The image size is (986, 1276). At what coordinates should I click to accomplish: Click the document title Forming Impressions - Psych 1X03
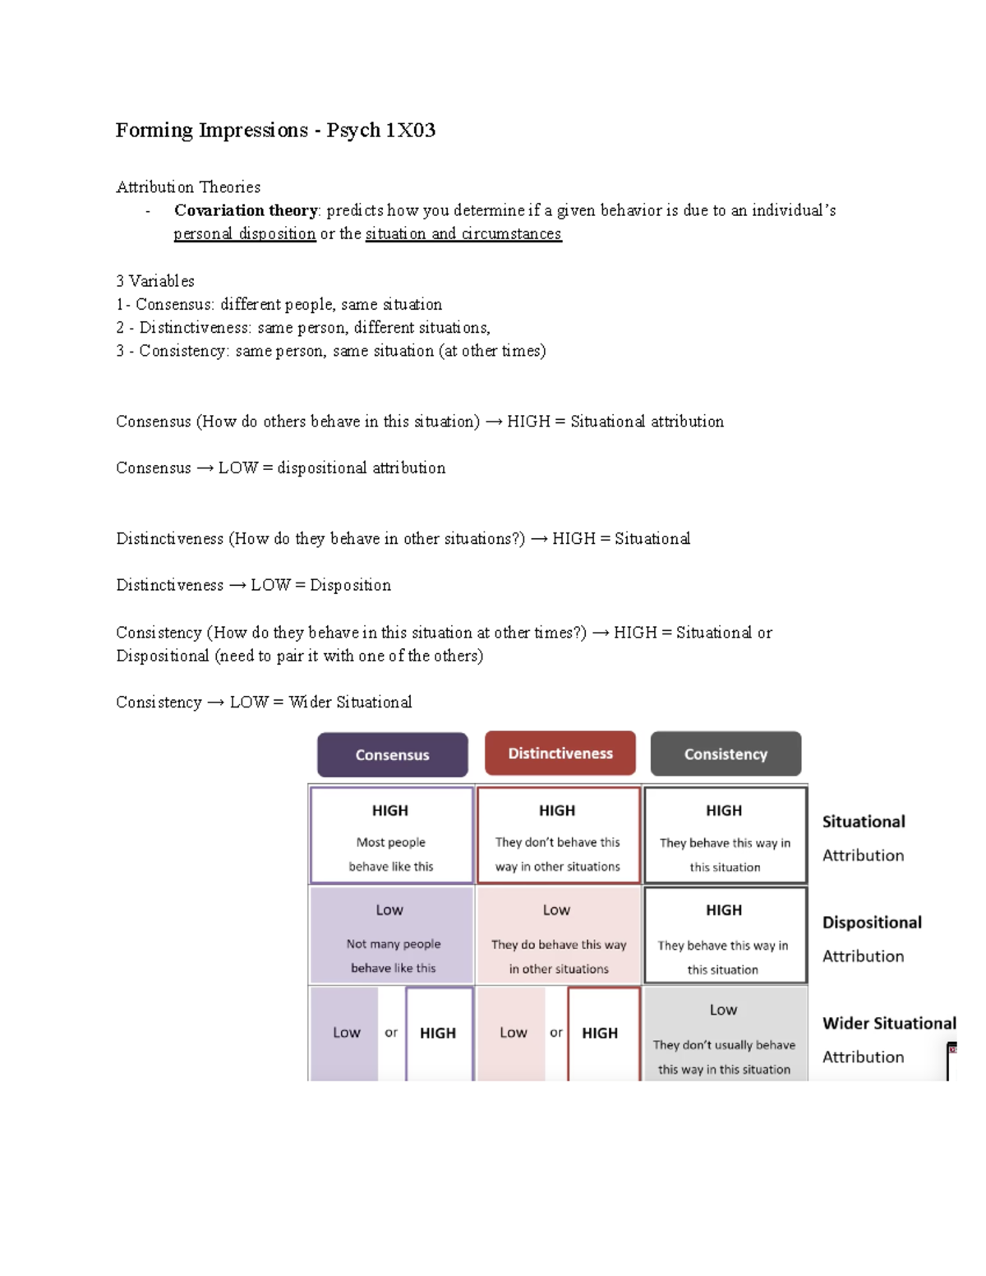coord(275,130)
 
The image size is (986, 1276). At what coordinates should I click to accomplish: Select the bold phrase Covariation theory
coord(246,210)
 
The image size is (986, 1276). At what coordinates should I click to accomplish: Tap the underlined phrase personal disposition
coord(244,233)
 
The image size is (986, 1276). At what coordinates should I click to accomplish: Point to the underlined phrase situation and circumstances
coord(463,233)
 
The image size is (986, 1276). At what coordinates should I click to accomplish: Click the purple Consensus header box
coord(392,754)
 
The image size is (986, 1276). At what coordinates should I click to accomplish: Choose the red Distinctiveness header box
coord(560,753)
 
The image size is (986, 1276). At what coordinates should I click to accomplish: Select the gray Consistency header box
coord(726,754)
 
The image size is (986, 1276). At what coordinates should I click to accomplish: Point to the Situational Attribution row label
coord(864,837)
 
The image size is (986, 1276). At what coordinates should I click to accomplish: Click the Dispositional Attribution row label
coord(872,938)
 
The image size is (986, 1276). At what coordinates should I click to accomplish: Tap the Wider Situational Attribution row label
coord(889,1039)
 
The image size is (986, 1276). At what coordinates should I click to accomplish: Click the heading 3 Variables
coord(155,281)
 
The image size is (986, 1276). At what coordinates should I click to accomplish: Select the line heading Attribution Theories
coord(188,187)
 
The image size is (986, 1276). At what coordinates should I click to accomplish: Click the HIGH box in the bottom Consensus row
coord(439,1033)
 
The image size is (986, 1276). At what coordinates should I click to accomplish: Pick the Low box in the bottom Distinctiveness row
coord(513,1033)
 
